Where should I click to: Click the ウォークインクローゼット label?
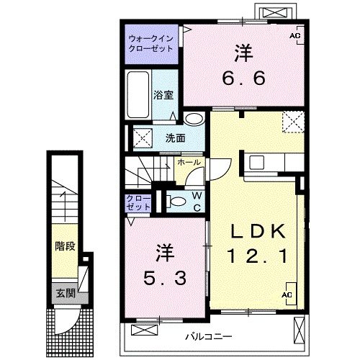[150, 42]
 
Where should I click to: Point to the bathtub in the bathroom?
[135, 96]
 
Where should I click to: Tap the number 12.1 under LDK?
[258, 256]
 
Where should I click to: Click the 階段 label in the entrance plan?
[65, 246]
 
